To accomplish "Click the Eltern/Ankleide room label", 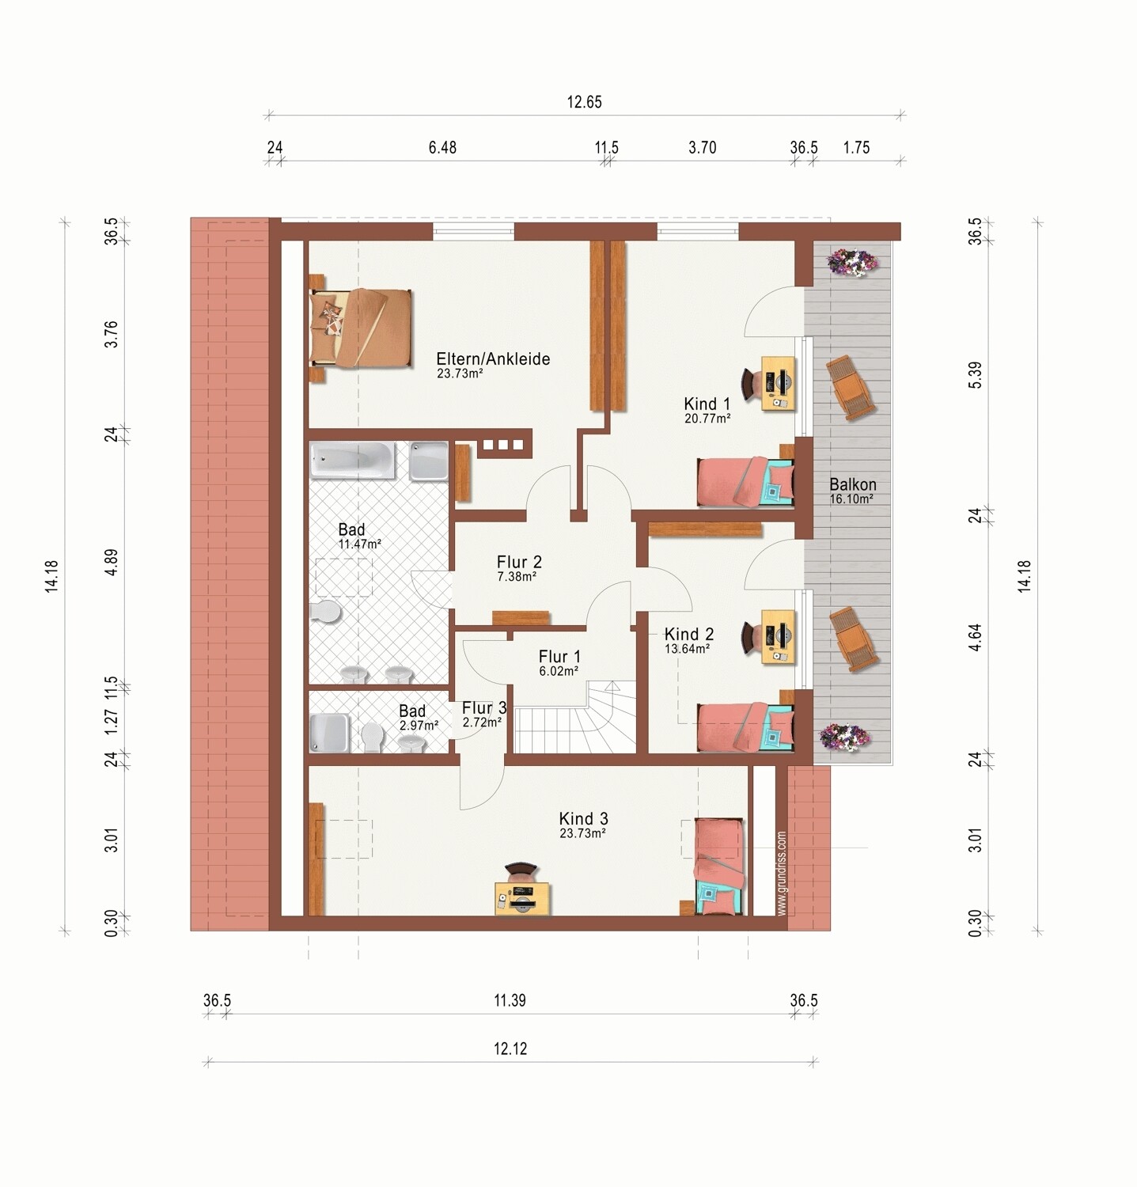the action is pyautogui.click(x=493, y=358).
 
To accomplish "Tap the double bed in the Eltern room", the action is pyautogui.click(x=361, y=328).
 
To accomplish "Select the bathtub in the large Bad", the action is pyautogui.click(x=352, y=461).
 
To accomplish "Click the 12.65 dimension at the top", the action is pyautogui.click(x=584, y=102).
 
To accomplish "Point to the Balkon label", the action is pyautogui.click(x=853, y=484).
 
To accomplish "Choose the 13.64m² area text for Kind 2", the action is pyautogui.click(x=687, y=648).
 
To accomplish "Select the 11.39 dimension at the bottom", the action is pyautogui.click(x=510, y=1000).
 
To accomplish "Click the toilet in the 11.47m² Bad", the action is pyautogui.click(x=325, y=610).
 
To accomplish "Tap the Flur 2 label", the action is pyautogui.click(x=519, y=562).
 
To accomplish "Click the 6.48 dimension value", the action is pyautogui.click(x=442, y=147).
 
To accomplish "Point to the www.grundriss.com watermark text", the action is pyautogui.click(x=782, y=873).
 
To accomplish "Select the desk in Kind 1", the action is pyautogui.click(x=778, y=383).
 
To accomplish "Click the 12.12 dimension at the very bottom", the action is pyautogui.click(x=510, y=1049).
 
